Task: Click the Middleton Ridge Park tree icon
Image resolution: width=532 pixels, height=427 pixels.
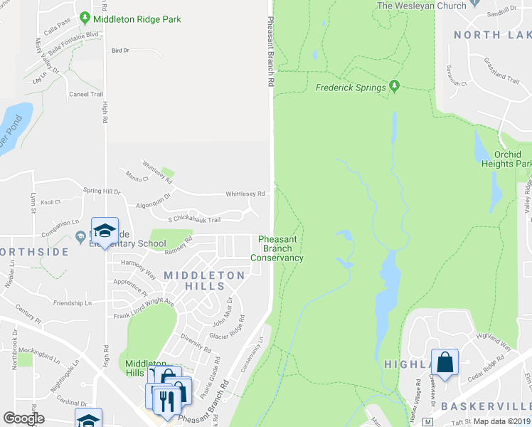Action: [85, 18]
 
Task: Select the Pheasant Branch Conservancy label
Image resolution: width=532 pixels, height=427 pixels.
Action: [281, 248]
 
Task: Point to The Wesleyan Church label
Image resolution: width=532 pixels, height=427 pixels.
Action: [421, 6]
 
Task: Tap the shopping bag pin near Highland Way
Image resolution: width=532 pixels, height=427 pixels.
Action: [445, 362]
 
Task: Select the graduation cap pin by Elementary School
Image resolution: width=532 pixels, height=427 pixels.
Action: [105, 231]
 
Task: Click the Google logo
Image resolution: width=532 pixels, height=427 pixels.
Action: [23, 418]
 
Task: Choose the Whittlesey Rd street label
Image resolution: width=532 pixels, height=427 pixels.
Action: [245, 194]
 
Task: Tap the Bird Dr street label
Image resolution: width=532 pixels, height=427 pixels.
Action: [120, 51]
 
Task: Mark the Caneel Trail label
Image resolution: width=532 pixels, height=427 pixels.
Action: [86, 94]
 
